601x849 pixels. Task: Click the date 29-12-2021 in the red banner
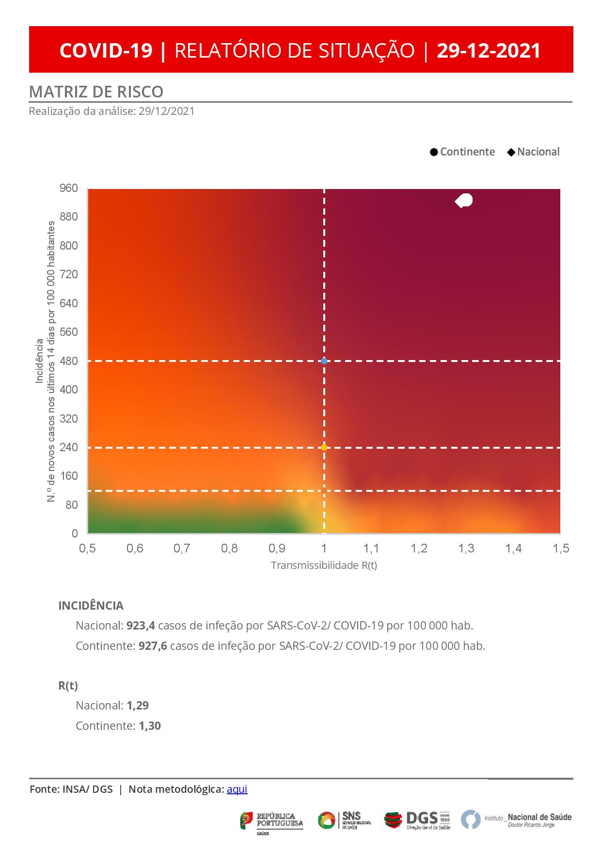[489, 50]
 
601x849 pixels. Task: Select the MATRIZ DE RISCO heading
[96, 92]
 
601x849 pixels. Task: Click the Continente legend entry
[462, 152]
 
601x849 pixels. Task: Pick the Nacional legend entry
[534, 152]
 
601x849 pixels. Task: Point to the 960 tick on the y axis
[68, 188]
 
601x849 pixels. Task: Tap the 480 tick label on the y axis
[68, 361]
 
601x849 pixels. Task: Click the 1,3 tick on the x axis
[466, 549]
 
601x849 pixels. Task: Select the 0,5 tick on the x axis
[88, 549]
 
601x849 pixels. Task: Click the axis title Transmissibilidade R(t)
[324, 566]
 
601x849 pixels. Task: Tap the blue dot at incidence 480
[324, 361]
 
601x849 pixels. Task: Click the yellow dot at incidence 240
[324, 447]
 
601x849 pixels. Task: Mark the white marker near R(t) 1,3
[464, 200]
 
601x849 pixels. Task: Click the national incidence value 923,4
[141, 626]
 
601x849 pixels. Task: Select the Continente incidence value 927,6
[153, 646]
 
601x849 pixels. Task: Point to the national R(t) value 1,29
[138, 706]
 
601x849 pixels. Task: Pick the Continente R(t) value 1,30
[149, 726]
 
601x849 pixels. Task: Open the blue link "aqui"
[237, 789]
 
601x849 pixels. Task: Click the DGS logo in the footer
[417, 819]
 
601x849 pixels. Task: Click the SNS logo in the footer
[345, 819]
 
